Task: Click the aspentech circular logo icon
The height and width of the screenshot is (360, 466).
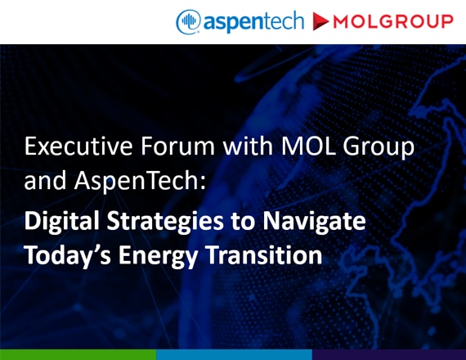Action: (x=188, y=22)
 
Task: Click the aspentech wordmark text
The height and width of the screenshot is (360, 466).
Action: (x=253, y=21)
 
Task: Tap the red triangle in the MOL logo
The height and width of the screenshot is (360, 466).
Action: (x=320, y=22)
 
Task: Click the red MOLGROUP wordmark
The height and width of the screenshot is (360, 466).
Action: (x=393, y=22)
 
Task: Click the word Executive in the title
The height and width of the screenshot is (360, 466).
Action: (x=78, y=146)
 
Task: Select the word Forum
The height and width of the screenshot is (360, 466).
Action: (x=177, y=146)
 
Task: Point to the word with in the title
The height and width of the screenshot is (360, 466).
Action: (x=248, y=146)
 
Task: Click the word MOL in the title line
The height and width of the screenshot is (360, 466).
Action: (x=308, y=146)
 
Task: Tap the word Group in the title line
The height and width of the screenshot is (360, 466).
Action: (x=379, y=148)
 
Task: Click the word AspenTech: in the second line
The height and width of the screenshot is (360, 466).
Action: (x=140, y=182)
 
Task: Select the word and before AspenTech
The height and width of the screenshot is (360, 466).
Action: (x=45, y=180)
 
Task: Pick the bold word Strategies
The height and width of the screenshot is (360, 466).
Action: (x=165, y=222)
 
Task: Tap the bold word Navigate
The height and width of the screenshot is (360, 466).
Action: (x=314, y=222)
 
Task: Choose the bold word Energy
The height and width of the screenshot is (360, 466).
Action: (x=158, y=256)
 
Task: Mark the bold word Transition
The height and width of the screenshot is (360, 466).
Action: (x=264, y=254)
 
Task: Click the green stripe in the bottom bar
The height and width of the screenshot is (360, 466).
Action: (x=78, y=354)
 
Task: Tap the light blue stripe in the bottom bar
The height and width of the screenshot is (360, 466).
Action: (x=234, y=354)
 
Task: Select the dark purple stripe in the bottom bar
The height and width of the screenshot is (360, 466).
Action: (x=389, y=354)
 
